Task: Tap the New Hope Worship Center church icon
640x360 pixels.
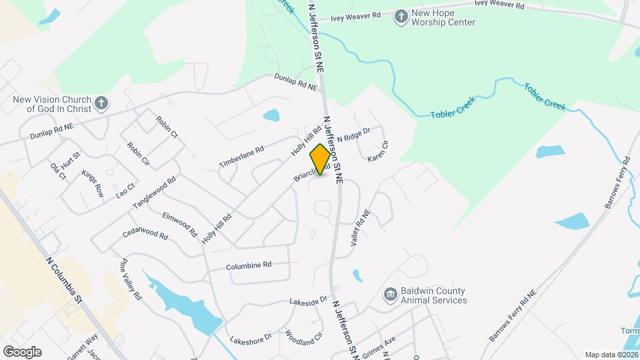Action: coord(401,17)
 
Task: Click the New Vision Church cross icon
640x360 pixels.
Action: coord(101,103)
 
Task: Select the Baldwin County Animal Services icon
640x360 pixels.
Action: coord(390,295)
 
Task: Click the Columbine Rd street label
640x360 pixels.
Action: coord(249,265)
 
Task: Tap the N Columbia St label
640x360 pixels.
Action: coord(64,280)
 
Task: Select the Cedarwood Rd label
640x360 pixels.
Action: coord(145,234)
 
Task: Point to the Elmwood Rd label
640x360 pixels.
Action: coord(180,225)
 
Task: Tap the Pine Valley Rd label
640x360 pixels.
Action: coord(131,278)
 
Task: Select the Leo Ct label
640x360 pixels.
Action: coord(126,191)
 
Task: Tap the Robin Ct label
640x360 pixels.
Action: coord(167,127)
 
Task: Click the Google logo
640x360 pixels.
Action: coord(22,352)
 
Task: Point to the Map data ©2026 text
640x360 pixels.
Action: coord(611,355)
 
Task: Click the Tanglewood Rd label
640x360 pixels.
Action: coord(154,192)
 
